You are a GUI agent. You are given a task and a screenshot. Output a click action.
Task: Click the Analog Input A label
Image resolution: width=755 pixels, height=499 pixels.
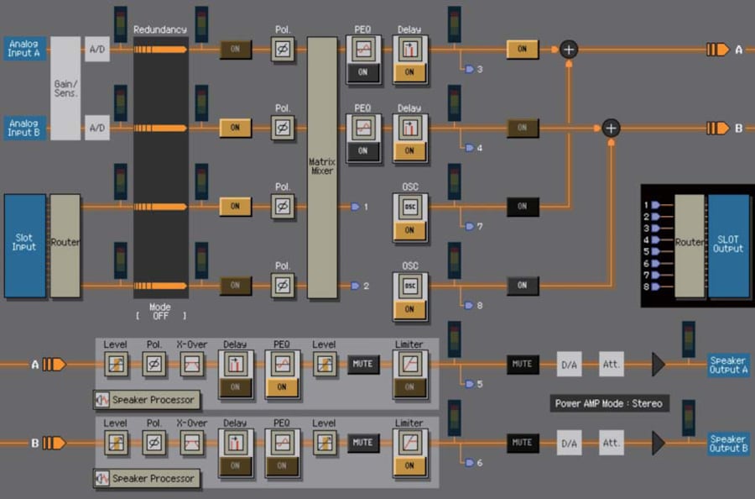coord(24,48)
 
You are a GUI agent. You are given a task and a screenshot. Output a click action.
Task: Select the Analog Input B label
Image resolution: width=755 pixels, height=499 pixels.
coord(24,128)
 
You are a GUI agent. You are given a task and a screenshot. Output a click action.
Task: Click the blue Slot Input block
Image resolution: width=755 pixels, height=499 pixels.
coord(24,245)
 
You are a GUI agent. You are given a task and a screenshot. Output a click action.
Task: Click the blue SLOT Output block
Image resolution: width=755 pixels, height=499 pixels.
coord(728,244)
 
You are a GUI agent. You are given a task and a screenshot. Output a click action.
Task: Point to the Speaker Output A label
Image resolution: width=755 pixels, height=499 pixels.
coord(728,365)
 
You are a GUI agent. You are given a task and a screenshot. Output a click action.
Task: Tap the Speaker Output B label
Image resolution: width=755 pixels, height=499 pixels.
coord(728,443)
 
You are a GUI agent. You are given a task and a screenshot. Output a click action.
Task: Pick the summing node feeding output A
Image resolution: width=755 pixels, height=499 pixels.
coord(569,50)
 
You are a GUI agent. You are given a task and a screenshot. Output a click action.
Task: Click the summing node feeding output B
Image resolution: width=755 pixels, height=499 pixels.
coord(611,128)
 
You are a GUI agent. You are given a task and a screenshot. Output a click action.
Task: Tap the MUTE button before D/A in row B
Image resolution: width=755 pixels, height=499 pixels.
coord(523,443)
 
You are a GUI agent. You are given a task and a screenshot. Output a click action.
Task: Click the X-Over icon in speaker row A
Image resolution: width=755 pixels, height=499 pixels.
coord(192,364)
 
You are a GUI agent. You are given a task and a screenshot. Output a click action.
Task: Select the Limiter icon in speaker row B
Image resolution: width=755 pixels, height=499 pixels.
coord(409,441)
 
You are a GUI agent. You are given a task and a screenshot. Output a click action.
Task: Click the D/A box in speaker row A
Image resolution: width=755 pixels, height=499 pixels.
coord(570,365)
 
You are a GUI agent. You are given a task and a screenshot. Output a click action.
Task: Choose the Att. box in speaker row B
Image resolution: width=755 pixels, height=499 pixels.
coord(612,443)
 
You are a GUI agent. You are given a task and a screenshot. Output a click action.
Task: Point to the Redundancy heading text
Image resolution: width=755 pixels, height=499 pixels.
coord(160,30)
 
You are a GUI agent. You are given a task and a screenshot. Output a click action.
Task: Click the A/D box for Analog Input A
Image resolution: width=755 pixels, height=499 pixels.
coord(97,50)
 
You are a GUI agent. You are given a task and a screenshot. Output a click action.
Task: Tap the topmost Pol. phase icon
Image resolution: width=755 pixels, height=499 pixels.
coord(284,50)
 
